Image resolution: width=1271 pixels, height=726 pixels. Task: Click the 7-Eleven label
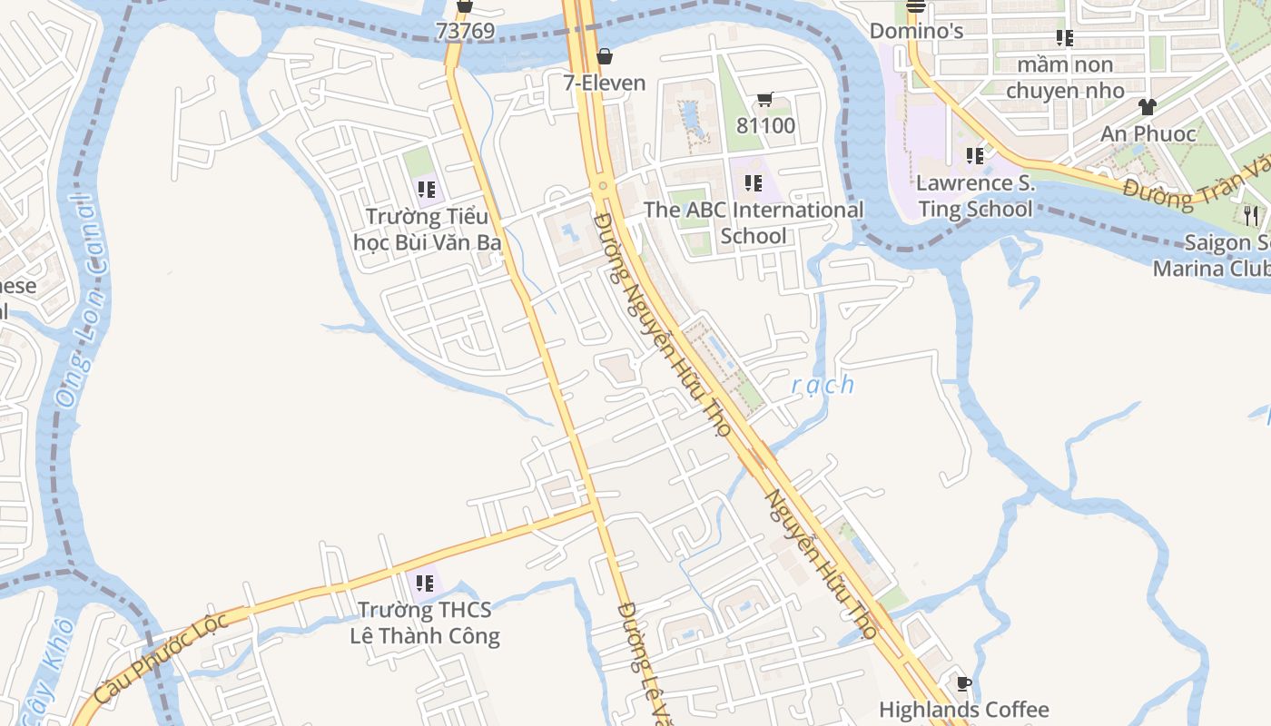click(x=604, y=83)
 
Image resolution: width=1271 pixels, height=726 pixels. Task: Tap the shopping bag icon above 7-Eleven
click(x=604, y=57)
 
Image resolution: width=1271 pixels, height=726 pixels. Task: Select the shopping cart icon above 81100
click(x=764, y=100)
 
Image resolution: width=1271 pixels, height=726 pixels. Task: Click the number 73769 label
click(x=465, y=31)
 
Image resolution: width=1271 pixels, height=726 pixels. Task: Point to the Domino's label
click(x=915, y=31)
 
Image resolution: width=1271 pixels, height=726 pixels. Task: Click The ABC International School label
click(x=754, y=223)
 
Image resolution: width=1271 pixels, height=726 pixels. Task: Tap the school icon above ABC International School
click(x=753, y=183)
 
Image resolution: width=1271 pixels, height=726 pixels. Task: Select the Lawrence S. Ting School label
click(x=975, y=196)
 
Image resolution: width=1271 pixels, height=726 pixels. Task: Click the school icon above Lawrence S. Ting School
click(x=975, y=156)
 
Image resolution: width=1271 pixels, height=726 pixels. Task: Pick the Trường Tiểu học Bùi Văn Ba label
click(x=427, y=230)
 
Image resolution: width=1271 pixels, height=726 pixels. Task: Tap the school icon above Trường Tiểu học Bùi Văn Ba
click(x=427, y=190)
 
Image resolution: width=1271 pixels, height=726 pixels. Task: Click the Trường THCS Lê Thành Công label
click(x=425, y=623)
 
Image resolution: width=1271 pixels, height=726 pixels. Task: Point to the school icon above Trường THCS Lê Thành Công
click(x=425, y=583)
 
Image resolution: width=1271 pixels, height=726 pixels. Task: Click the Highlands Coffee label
click(x=963, y=710)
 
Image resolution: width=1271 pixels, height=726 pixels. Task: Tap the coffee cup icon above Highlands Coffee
click(x=963, y=683)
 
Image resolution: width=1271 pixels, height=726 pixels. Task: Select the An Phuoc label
click(x=1148, y=134)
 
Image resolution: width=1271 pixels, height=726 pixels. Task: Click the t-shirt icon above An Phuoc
click(x=1148, y=107)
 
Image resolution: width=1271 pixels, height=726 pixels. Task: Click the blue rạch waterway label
click(x=823, y=385)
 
